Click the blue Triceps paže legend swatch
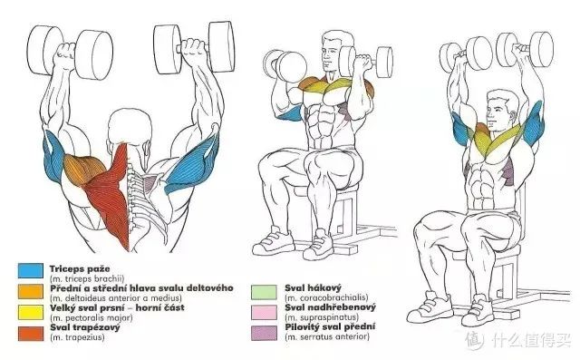30,271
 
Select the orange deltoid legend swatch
30,291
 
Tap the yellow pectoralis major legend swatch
30,312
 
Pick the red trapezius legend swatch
30,333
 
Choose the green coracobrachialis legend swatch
264,292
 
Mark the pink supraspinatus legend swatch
264,312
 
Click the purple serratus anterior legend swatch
264,333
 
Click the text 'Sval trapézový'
85,327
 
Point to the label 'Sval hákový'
313,287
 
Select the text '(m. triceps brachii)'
87,279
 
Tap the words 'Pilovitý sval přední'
330,327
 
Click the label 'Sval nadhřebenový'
330,307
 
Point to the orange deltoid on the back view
80,169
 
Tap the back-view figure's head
130,128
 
